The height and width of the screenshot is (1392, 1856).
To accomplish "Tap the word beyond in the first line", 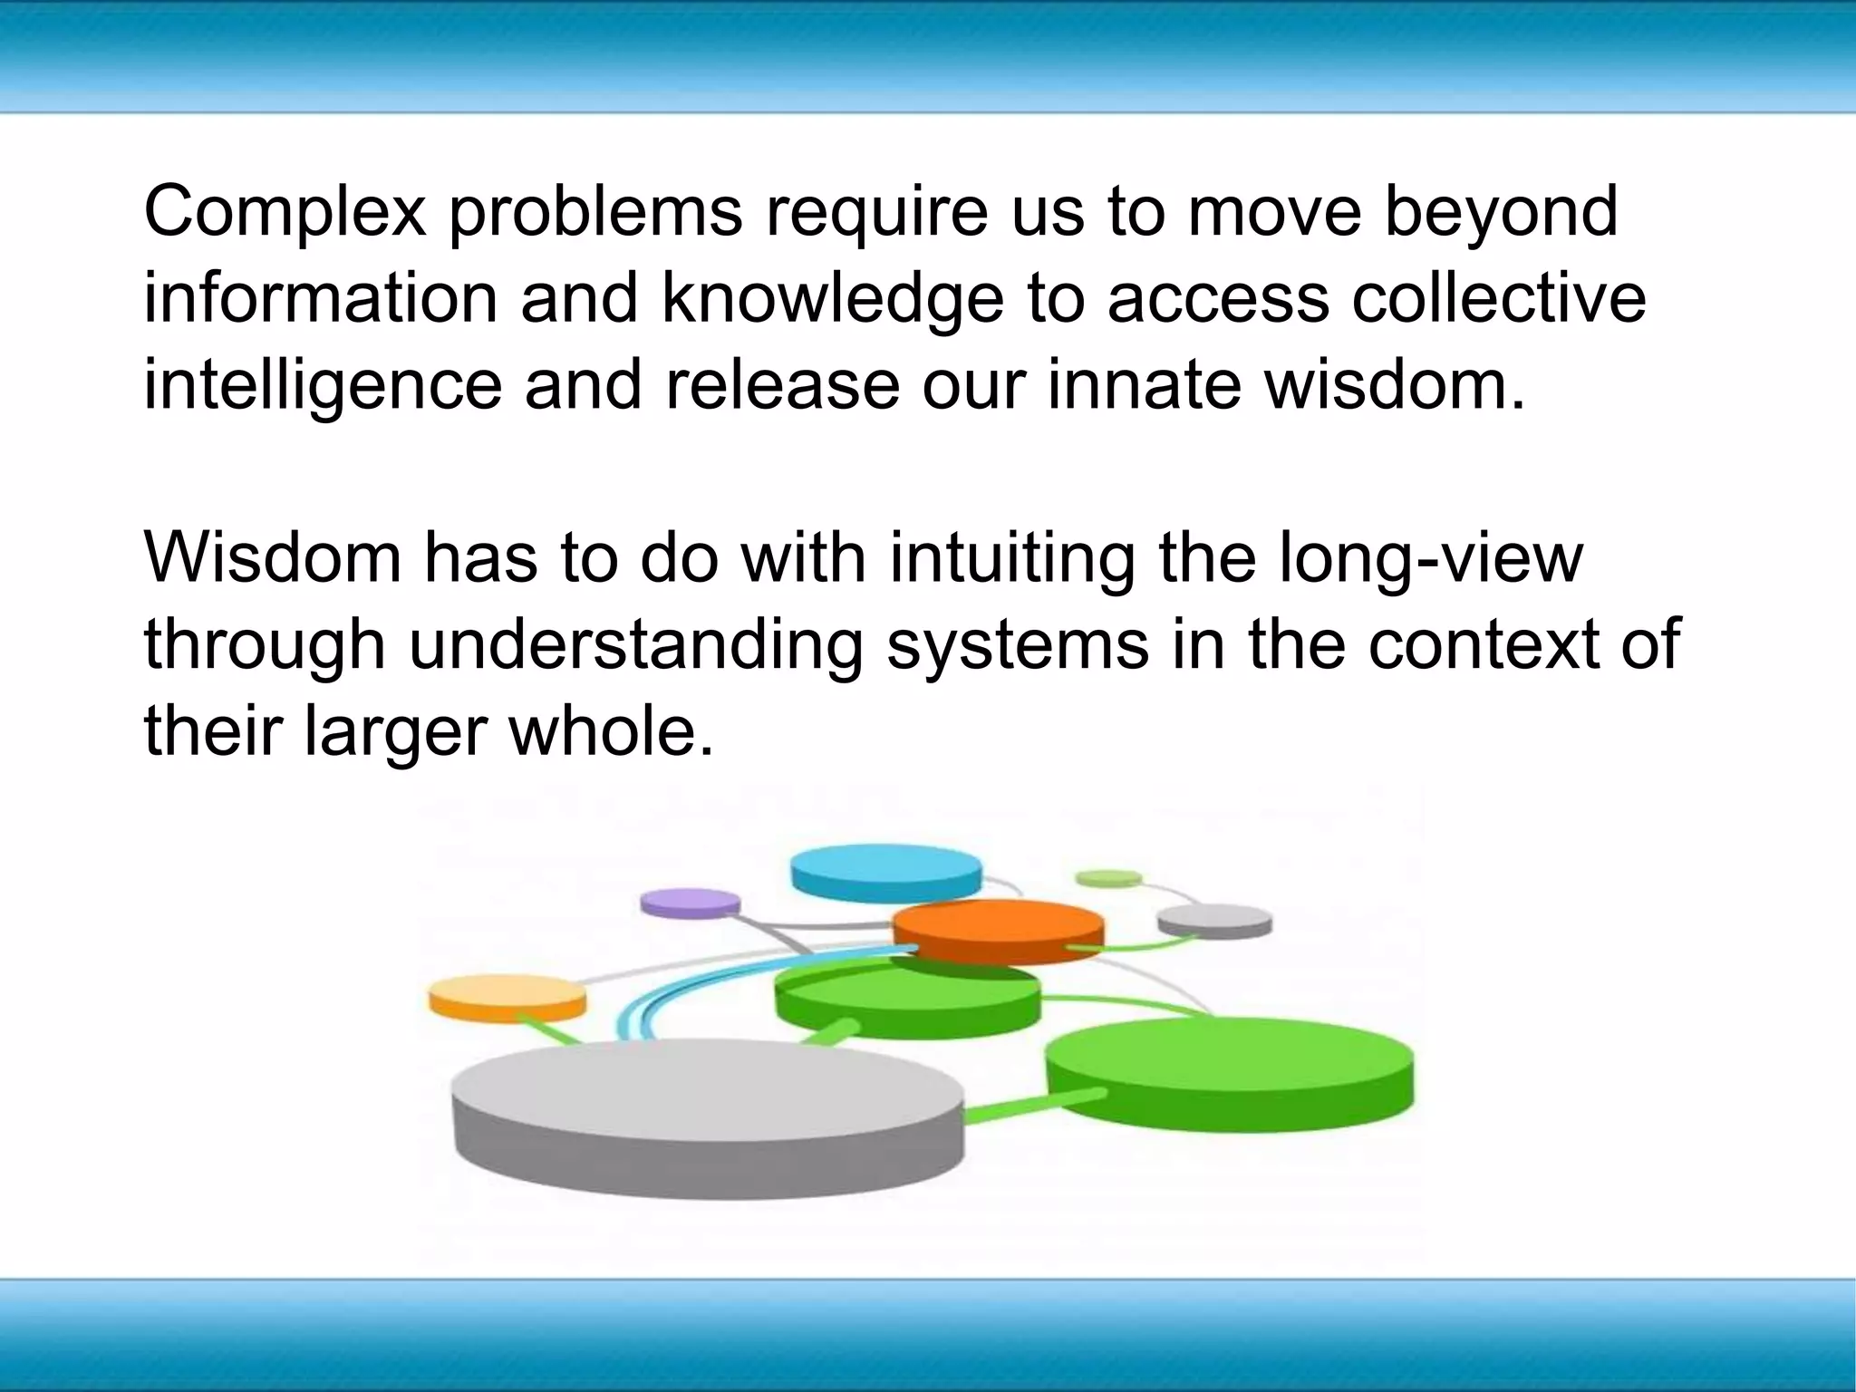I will click(1501, 212).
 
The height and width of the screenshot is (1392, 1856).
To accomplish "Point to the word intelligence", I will click(323, 386).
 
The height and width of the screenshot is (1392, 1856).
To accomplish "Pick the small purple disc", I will click(690, 903).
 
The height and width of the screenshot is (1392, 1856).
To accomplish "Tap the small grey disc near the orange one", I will click(1214, 919).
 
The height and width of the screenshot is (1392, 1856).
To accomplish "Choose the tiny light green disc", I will click(1107, 877).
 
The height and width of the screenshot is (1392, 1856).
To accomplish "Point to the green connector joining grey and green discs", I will click(1033, 1108).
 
